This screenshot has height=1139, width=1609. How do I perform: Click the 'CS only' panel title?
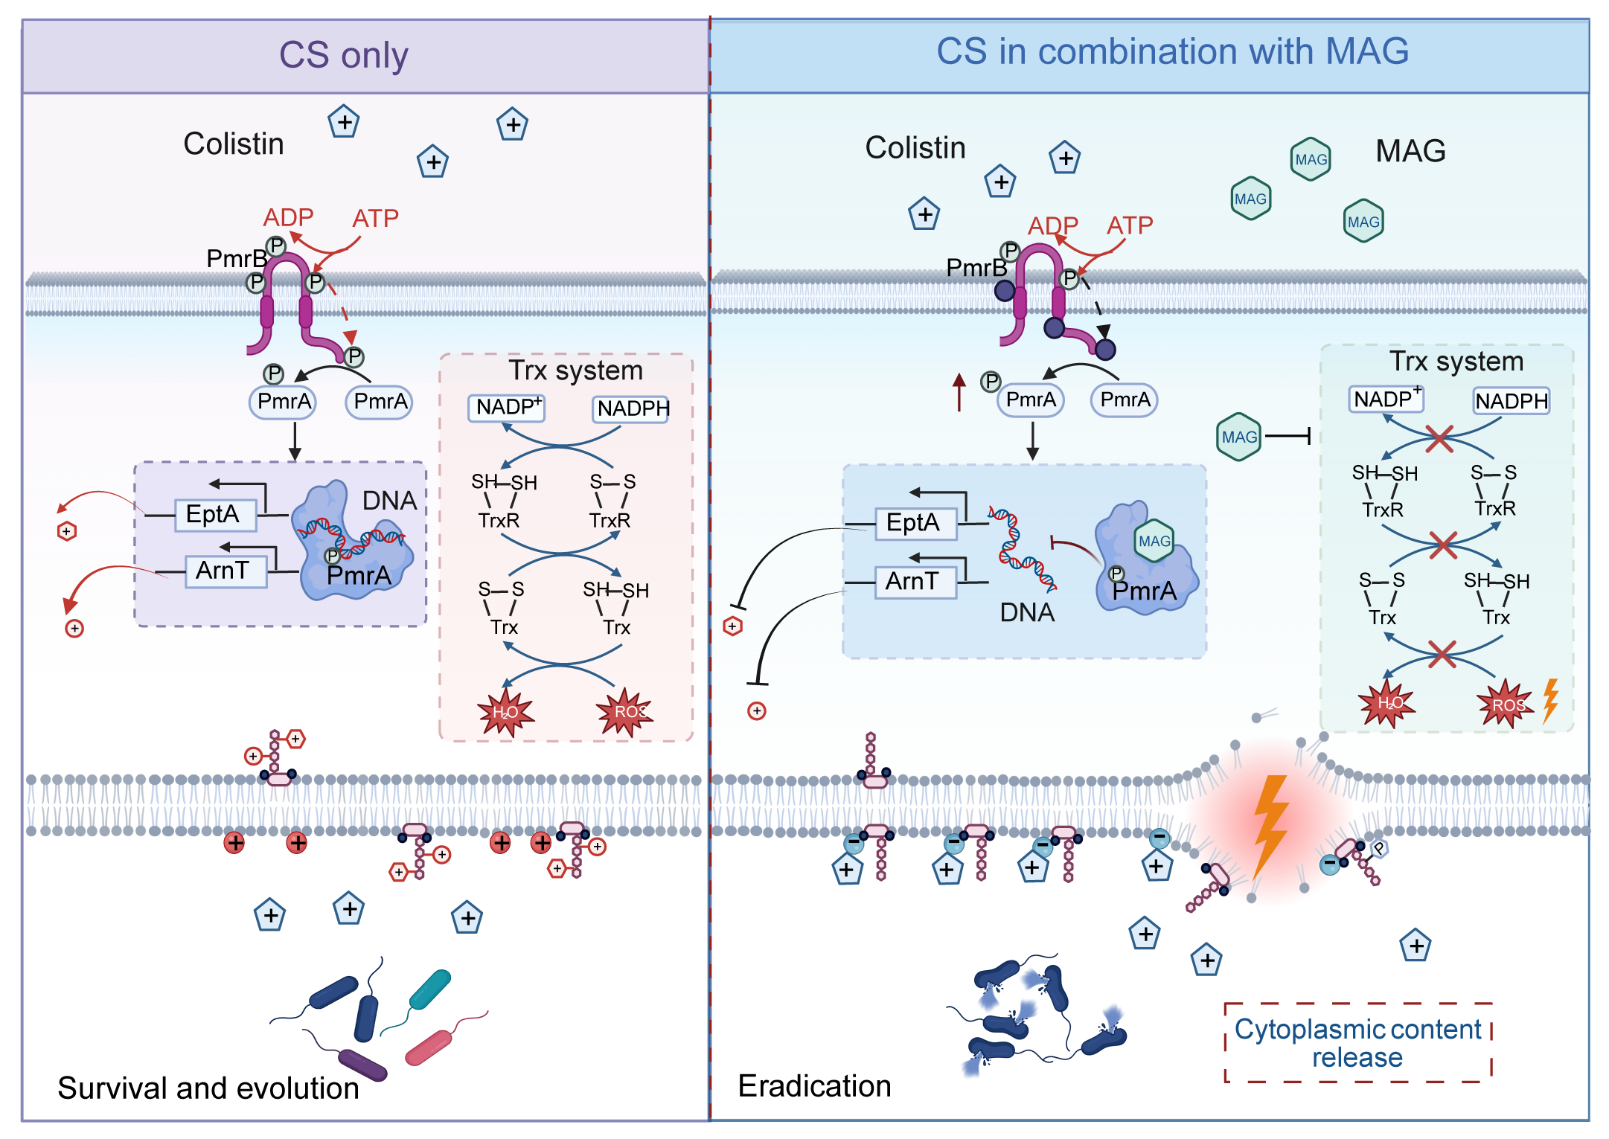click(x=343, y=55)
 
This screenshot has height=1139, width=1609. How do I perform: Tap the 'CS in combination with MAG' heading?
click(x=1172, y=52)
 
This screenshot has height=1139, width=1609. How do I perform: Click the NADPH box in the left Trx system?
click(x=632, y=408)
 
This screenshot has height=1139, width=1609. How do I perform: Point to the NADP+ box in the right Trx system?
click(x=1386, y=400)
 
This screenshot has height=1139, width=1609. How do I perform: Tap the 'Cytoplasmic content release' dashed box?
click(x=1357, y=1042)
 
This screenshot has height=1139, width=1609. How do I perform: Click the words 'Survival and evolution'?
click(x=208, y=1088)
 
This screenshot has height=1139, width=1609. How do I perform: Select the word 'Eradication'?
click(x=814, y=1085)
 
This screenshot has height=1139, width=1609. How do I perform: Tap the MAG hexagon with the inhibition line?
click(x=1239, y=437)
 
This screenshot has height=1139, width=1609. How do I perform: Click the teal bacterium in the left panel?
click(x=430, y=989)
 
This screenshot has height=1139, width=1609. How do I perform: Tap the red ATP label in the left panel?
click(x=375, y=218)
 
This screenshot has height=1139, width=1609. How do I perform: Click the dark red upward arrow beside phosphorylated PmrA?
click(x=959, y=392)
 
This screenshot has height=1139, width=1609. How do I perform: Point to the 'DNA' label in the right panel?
click(x=1027, y=612)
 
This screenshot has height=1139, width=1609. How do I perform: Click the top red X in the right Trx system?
click(x=1439, y=438)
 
